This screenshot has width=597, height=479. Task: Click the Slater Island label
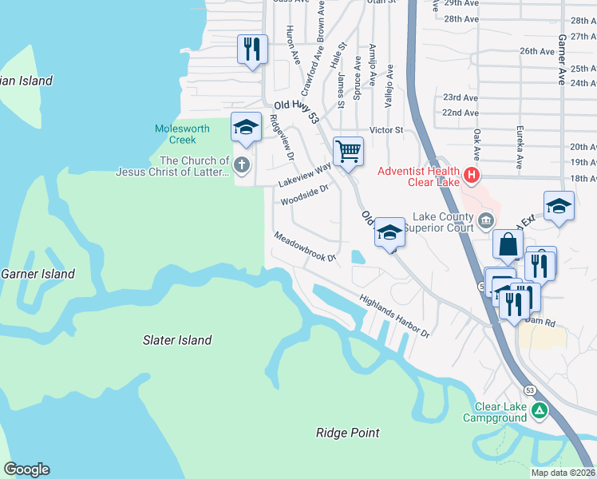(x=177, y=340)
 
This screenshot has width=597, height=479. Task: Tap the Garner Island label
(x=38, y=274)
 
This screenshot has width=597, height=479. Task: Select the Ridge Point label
(x=347, y=433)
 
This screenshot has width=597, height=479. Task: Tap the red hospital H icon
(x=472, y=174)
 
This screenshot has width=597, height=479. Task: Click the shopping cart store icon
(x=348, y=150)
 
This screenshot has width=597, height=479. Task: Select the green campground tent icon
(x=540, y=412)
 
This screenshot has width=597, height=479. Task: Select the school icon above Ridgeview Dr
(x=246, y=127)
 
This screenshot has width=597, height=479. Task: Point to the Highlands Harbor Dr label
(x=394, y=317)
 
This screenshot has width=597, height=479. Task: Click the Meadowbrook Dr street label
(x=306, y=247)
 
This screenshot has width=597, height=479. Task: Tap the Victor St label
(x=386, y=129)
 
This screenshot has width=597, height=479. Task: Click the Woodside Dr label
(x=304, y=194)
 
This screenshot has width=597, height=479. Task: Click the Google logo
(x=26, y=469)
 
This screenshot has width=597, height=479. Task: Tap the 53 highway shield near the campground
(x=530, y=390)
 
